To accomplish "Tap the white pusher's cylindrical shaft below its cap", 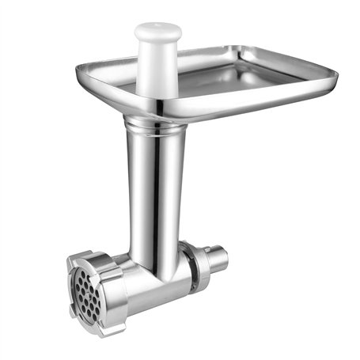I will pos(157,67).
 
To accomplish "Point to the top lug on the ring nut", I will pos(89,257).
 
